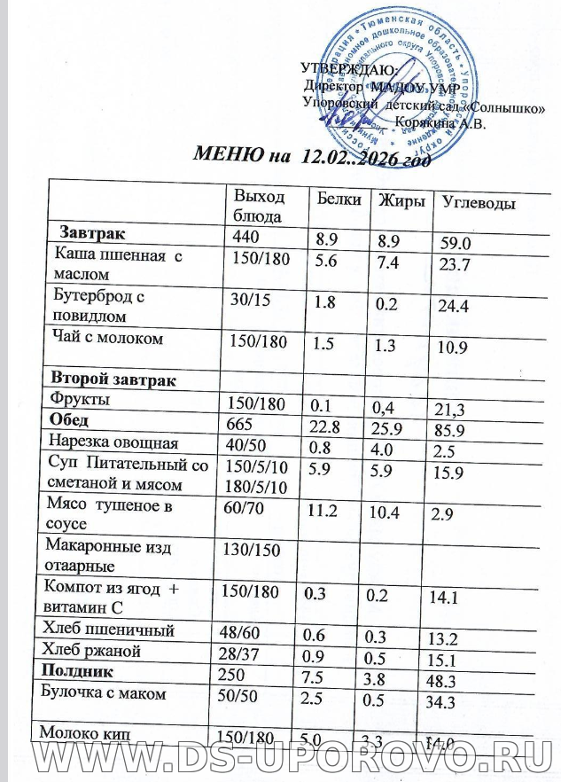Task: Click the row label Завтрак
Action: click(90, 233)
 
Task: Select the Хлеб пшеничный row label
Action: click(110, 631)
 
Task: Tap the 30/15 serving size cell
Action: click(249, 301)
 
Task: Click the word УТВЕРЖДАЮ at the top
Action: click(347, 69)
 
